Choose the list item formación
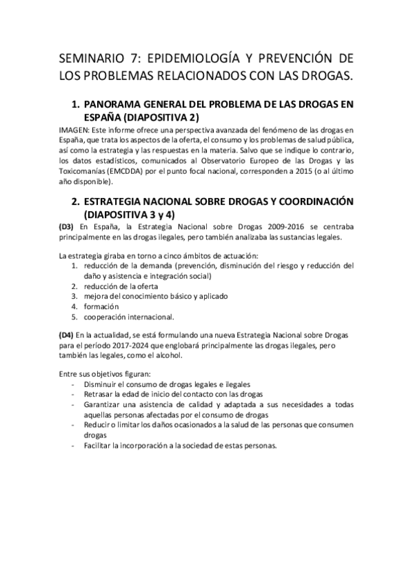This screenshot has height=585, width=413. pyautogui.click(x=101, y=306)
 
